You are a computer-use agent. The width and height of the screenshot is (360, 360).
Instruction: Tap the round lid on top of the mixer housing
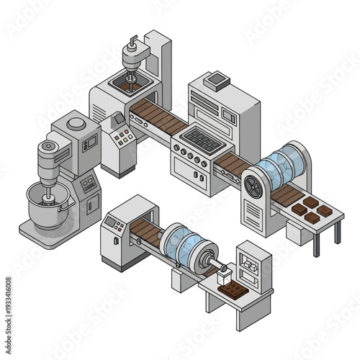click(76, 124)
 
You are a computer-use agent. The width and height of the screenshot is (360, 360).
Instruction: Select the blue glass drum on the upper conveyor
click(281, 166)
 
